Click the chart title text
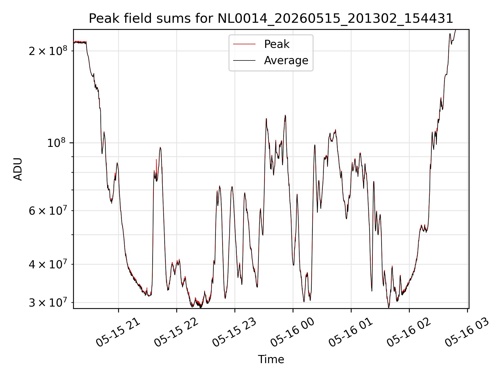(x=271, y=19)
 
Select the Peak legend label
(x=277, y=44)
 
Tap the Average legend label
(x=286, y=60)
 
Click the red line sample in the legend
(x=244, y=44)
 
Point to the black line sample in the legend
(x=244, y=60)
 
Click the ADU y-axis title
(x=18, y=169)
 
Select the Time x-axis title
(x=271, y=359)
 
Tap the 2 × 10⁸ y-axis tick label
(x=48, y=51)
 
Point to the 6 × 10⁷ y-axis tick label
(x=48, y=210)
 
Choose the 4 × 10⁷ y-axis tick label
(x=48, y=264)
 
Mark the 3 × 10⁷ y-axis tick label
(x=48, y=302)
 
